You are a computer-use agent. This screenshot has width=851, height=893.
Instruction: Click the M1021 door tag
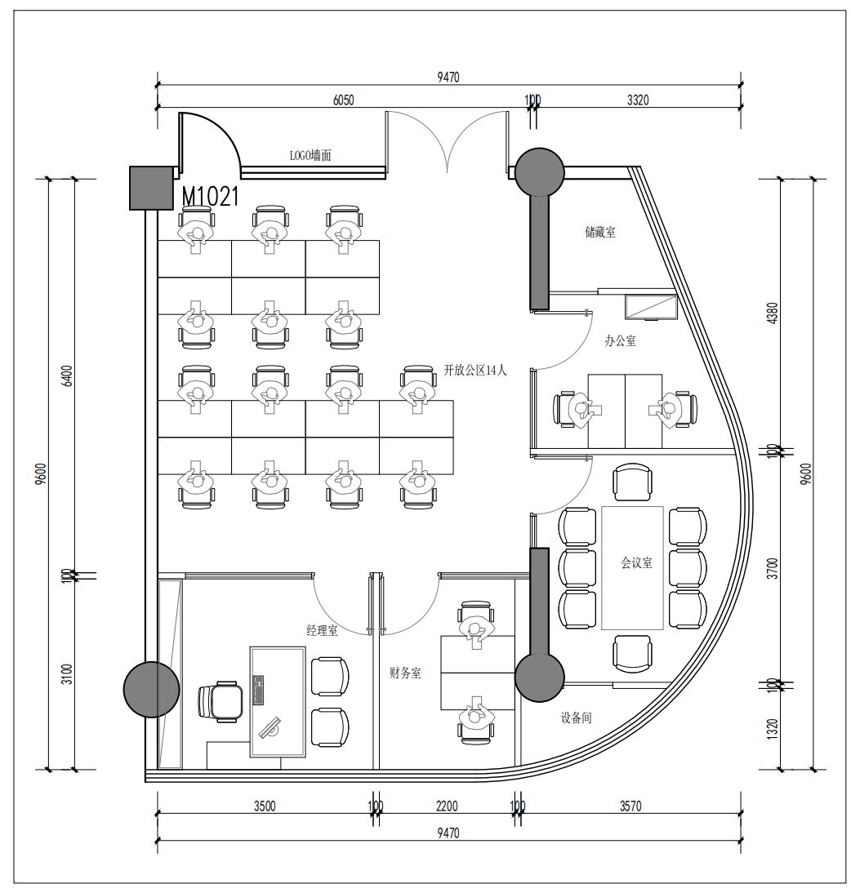[210, 197]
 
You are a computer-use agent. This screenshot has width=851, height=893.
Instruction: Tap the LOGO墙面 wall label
[310, 155]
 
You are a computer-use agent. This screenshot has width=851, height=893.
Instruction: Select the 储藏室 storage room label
[600, 232]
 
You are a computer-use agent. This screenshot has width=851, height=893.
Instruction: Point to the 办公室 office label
[620, 340]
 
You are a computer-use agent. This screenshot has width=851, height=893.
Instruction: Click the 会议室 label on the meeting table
[636, 562]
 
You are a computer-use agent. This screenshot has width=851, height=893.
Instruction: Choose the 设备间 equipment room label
[576, 718]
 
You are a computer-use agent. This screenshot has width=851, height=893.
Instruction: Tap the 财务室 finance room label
[405, 673]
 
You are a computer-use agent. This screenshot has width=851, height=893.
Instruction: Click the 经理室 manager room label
[322, 630]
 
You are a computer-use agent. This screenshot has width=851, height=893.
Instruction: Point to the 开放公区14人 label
[475, 370]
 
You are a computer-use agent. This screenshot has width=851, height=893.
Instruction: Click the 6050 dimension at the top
[343, 100]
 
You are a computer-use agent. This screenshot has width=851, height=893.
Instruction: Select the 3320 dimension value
[638, 100]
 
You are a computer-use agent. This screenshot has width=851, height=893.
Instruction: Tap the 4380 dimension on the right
[773, 313]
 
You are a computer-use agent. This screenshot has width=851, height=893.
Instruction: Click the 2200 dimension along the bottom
[447, 806]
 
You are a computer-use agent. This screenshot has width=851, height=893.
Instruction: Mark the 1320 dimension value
[773, 730]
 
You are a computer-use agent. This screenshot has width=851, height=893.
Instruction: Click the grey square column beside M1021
[152, 188]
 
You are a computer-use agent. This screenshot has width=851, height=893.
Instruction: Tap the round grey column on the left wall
[152, 689]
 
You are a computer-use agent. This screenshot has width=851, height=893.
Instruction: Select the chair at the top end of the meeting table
[632, 482]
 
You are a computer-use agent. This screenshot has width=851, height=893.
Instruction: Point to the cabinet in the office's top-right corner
[650, 307]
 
